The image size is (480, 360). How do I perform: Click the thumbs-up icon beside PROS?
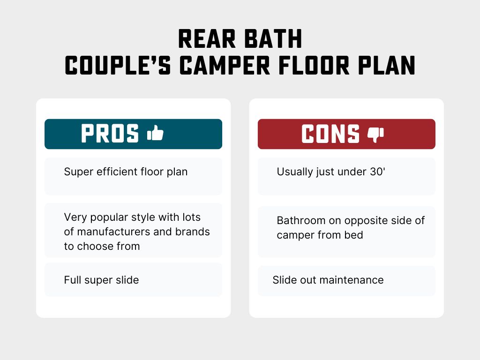coord(155,134)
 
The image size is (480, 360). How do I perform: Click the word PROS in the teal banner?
coord(110,134)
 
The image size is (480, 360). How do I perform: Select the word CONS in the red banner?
coord(330,134)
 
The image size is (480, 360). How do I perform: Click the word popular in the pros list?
coord(105,217)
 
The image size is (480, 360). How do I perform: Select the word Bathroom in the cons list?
coord(300,220)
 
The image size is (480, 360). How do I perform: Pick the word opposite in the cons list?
coord(366,220)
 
